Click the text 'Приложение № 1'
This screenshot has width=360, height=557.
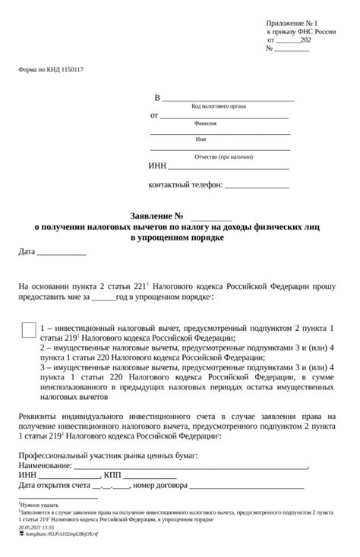(292, 24)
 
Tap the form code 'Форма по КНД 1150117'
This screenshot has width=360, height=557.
(51, 70)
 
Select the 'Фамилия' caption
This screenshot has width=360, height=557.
(205, 123)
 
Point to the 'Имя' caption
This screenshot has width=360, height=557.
(201, 140)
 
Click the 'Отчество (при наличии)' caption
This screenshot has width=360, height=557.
(223, 156)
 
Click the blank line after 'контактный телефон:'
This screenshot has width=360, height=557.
(257, 186)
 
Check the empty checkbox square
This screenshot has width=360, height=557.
(27, 330)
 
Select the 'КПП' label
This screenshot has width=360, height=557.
(112, 476)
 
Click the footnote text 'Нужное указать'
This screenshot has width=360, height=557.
(39, 504)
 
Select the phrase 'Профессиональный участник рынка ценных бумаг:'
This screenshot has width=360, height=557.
(108, 455)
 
